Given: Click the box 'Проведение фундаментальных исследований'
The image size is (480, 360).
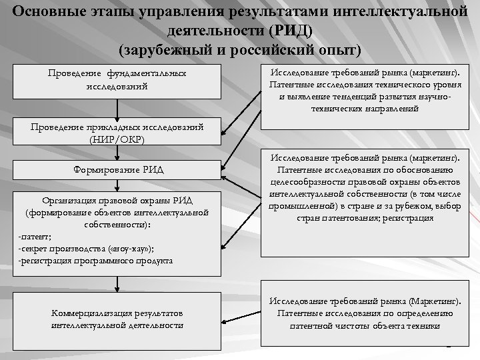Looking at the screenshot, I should click(x=117, y=80).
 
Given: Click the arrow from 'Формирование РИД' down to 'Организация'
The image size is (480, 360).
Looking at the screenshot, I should click(x=117, y=184).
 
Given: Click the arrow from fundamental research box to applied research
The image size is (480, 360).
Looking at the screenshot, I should click(x=117, y=109).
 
